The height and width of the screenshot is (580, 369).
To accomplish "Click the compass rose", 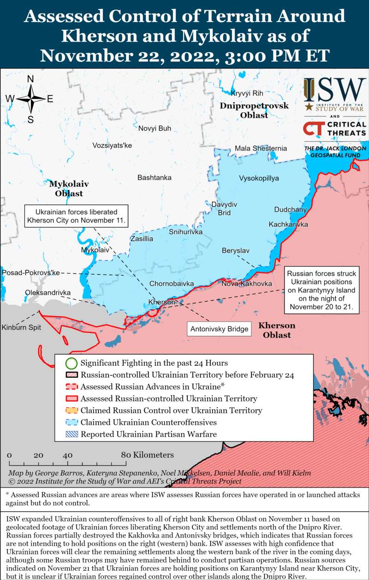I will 30,99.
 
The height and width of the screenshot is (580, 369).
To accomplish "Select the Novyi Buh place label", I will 155,128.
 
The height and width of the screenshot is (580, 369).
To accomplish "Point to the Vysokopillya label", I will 259,178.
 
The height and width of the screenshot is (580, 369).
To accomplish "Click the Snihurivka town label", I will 185,232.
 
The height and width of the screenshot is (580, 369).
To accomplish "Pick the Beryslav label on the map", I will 235,250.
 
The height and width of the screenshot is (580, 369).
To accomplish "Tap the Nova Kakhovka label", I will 246,284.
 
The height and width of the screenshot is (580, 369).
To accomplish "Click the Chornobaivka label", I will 171,284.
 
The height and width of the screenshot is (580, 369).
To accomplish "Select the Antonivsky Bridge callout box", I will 219,329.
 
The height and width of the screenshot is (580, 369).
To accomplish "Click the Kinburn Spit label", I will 21,327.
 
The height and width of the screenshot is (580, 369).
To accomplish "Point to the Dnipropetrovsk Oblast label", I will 254,110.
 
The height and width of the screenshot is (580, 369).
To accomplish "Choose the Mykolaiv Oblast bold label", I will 69,188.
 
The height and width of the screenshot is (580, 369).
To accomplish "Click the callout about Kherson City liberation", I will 77,216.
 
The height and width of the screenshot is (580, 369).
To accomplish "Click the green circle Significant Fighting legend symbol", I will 71,363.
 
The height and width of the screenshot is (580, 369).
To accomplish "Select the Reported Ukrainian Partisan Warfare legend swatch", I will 71,434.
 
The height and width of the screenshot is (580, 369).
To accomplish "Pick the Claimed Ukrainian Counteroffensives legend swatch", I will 71,422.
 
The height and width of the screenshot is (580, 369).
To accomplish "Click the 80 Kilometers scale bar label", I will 148,455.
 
